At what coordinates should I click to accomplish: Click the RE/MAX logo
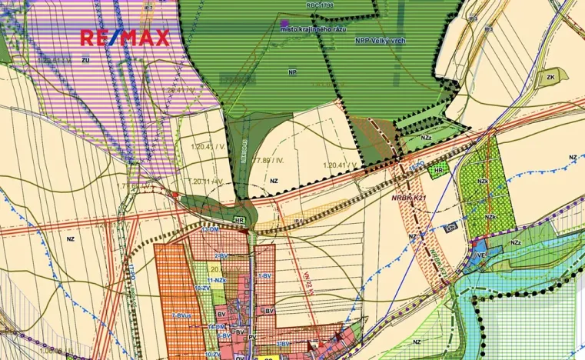[125, 37]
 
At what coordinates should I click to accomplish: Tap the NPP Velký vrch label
[380, 41]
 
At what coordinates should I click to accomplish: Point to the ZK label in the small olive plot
[550, 78]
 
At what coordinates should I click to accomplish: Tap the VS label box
[451, 228]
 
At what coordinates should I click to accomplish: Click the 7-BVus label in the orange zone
[181, 315]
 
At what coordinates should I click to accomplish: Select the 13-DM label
[210, 231]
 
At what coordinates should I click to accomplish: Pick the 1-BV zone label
[264, 275]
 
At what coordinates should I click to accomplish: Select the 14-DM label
[216, 327]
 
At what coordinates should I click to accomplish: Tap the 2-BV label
[221, 255]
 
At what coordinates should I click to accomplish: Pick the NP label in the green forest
[291, 72]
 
